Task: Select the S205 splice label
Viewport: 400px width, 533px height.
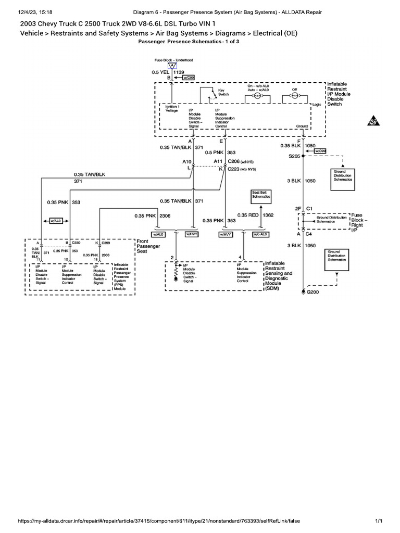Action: pos(294,155)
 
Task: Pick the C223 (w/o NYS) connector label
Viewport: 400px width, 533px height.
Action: pos(242,169)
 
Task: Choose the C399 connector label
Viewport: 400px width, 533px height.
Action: pos(105,243)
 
